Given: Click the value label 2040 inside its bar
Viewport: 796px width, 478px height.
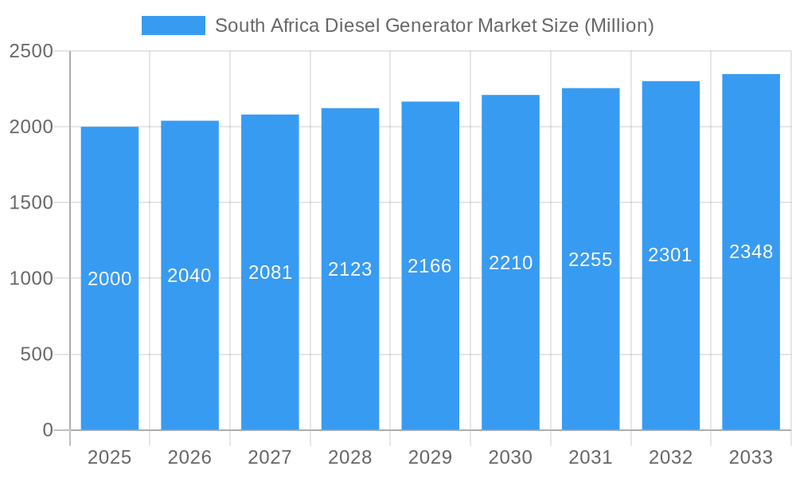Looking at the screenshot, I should [189, 276].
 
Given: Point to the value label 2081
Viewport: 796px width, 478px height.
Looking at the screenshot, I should [270, 272].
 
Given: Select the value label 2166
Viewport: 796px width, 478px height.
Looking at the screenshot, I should [430, 266].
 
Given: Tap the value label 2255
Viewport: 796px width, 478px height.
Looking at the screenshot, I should [591, 260].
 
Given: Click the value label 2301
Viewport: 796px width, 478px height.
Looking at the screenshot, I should [670, 255].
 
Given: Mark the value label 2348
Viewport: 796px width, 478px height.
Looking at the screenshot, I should [751, 252].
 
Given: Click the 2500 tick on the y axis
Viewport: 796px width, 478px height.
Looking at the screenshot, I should [31, 51].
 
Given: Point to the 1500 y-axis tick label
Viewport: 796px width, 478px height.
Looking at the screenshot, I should [31, 202].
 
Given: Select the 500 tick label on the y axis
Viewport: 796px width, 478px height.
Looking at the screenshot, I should [37, 354].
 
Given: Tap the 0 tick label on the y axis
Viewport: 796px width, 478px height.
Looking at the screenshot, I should [48, 430].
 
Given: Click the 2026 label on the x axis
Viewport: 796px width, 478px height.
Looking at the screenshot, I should [189, 457].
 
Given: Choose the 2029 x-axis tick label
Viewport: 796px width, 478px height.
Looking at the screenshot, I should [430, 457].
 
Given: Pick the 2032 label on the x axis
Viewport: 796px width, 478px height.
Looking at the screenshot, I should [670, 457].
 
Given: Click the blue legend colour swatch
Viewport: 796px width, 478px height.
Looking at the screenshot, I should [173, 25].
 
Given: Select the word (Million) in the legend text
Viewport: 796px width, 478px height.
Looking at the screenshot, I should [618, 25].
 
